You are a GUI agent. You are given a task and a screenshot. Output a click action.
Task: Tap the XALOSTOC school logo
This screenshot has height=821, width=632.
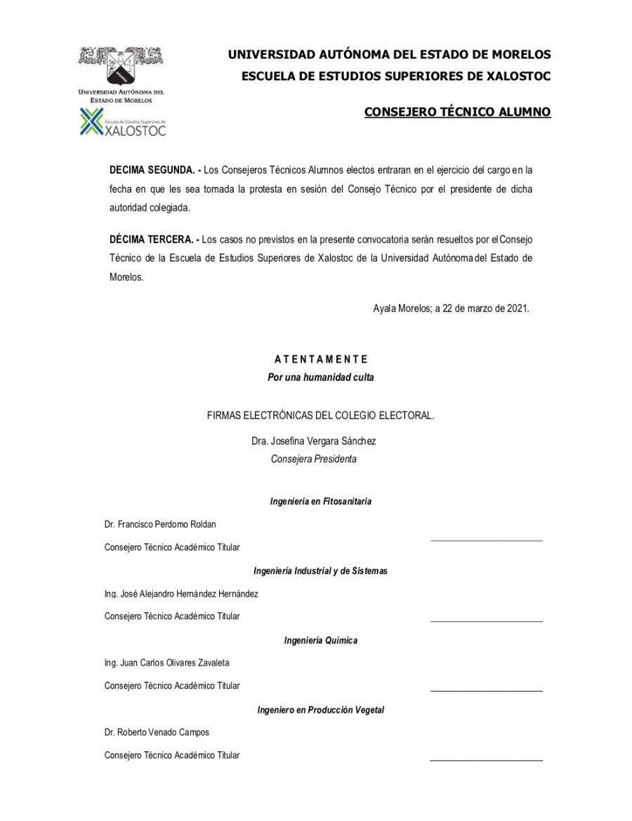click(123, 124)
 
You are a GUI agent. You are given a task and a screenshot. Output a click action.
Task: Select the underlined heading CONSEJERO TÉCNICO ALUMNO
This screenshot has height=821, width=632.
click(457, 112)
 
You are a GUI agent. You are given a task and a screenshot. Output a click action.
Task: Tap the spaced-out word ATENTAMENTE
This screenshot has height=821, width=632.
click(321, 359)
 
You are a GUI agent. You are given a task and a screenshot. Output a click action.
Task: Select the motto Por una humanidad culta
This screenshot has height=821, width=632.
click(321, 377)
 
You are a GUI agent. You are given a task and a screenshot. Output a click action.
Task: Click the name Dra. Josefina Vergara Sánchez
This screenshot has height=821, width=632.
click(313, 441)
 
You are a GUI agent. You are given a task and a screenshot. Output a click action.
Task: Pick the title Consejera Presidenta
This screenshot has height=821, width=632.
click(314, 459)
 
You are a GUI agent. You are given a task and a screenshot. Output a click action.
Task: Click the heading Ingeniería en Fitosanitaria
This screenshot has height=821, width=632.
click(321, 501)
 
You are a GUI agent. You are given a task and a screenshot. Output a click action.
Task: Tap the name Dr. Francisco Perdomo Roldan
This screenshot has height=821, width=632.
click(160, 524)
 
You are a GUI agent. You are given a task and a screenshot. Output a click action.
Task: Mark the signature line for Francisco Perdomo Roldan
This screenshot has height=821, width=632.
click(486, 541)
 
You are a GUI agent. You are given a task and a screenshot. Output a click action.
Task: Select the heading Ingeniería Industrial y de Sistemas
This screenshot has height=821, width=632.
click(321, 571)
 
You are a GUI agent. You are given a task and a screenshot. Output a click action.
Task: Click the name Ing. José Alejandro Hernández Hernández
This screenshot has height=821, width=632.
click(181, 594)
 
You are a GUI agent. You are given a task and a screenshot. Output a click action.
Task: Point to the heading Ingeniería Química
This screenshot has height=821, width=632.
click(321, 640)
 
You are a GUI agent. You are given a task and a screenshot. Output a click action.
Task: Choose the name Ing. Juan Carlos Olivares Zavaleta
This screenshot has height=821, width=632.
click(166, 663)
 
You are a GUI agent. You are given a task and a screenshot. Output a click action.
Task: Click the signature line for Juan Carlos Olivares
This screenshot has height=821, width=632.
click(486, 691)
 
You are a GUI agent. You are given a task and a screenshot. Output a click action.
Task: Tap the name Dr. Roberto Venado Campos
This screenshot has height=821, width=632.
click(157, 732)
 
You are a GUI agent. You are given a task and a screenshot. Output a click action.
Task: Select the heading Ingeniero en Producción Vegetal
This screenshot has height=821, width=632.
click(321, 710)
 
